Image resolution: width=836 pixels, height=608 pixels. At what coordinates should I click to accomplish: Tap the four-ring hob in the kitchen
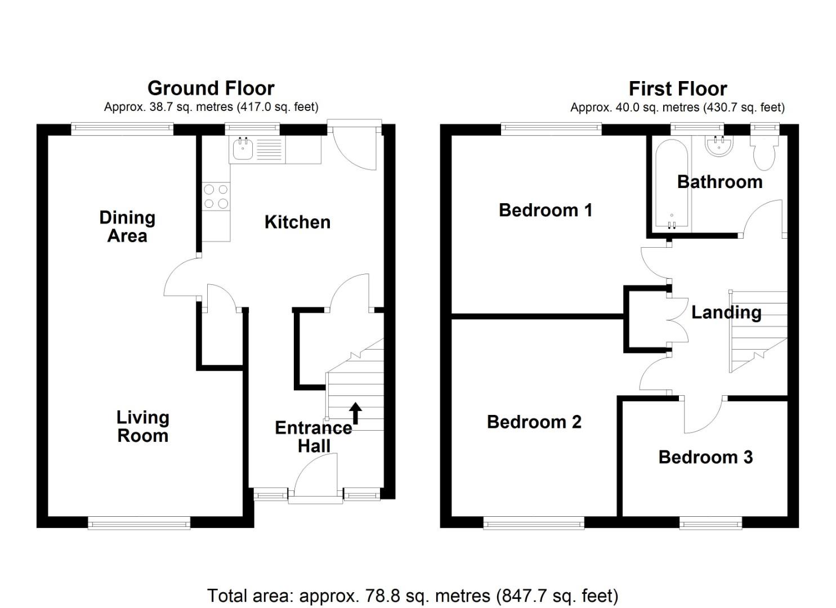point(216,196)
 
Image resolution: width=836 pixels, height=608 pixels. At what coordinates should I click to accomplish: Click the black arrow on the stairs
point(355,413)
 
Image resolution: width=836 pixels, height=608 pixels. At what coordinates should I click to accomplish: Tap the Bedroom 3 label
point(705,457)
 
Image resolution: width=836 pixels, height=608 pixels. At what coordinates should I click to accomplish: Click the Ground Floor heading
point(211,88)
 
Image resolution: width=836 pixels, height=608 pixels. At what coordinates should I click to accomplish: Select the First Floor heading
point(677,89)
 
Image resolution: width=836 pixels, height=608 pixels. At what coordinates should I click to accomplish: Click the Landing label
point(726,312)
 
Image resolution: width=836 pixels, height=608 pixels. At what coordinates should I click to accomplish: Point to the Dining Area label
point(127,226)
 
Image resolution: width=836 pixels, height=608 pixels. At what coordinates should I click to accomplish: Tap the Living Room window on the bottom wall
point(139,524)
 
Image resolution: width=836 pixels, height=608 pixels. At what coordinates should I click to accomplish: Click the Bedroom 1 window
point(551,129)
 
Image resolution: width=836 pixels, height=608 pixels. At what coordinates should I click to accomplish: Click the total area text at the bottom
point(413,596)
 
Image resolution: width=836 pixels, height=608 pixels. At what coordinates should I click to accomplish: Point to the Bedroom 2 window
point(534,524)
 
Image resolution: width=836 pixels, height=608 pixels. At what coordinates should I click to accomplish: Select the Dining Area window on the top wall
point(122,129)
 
